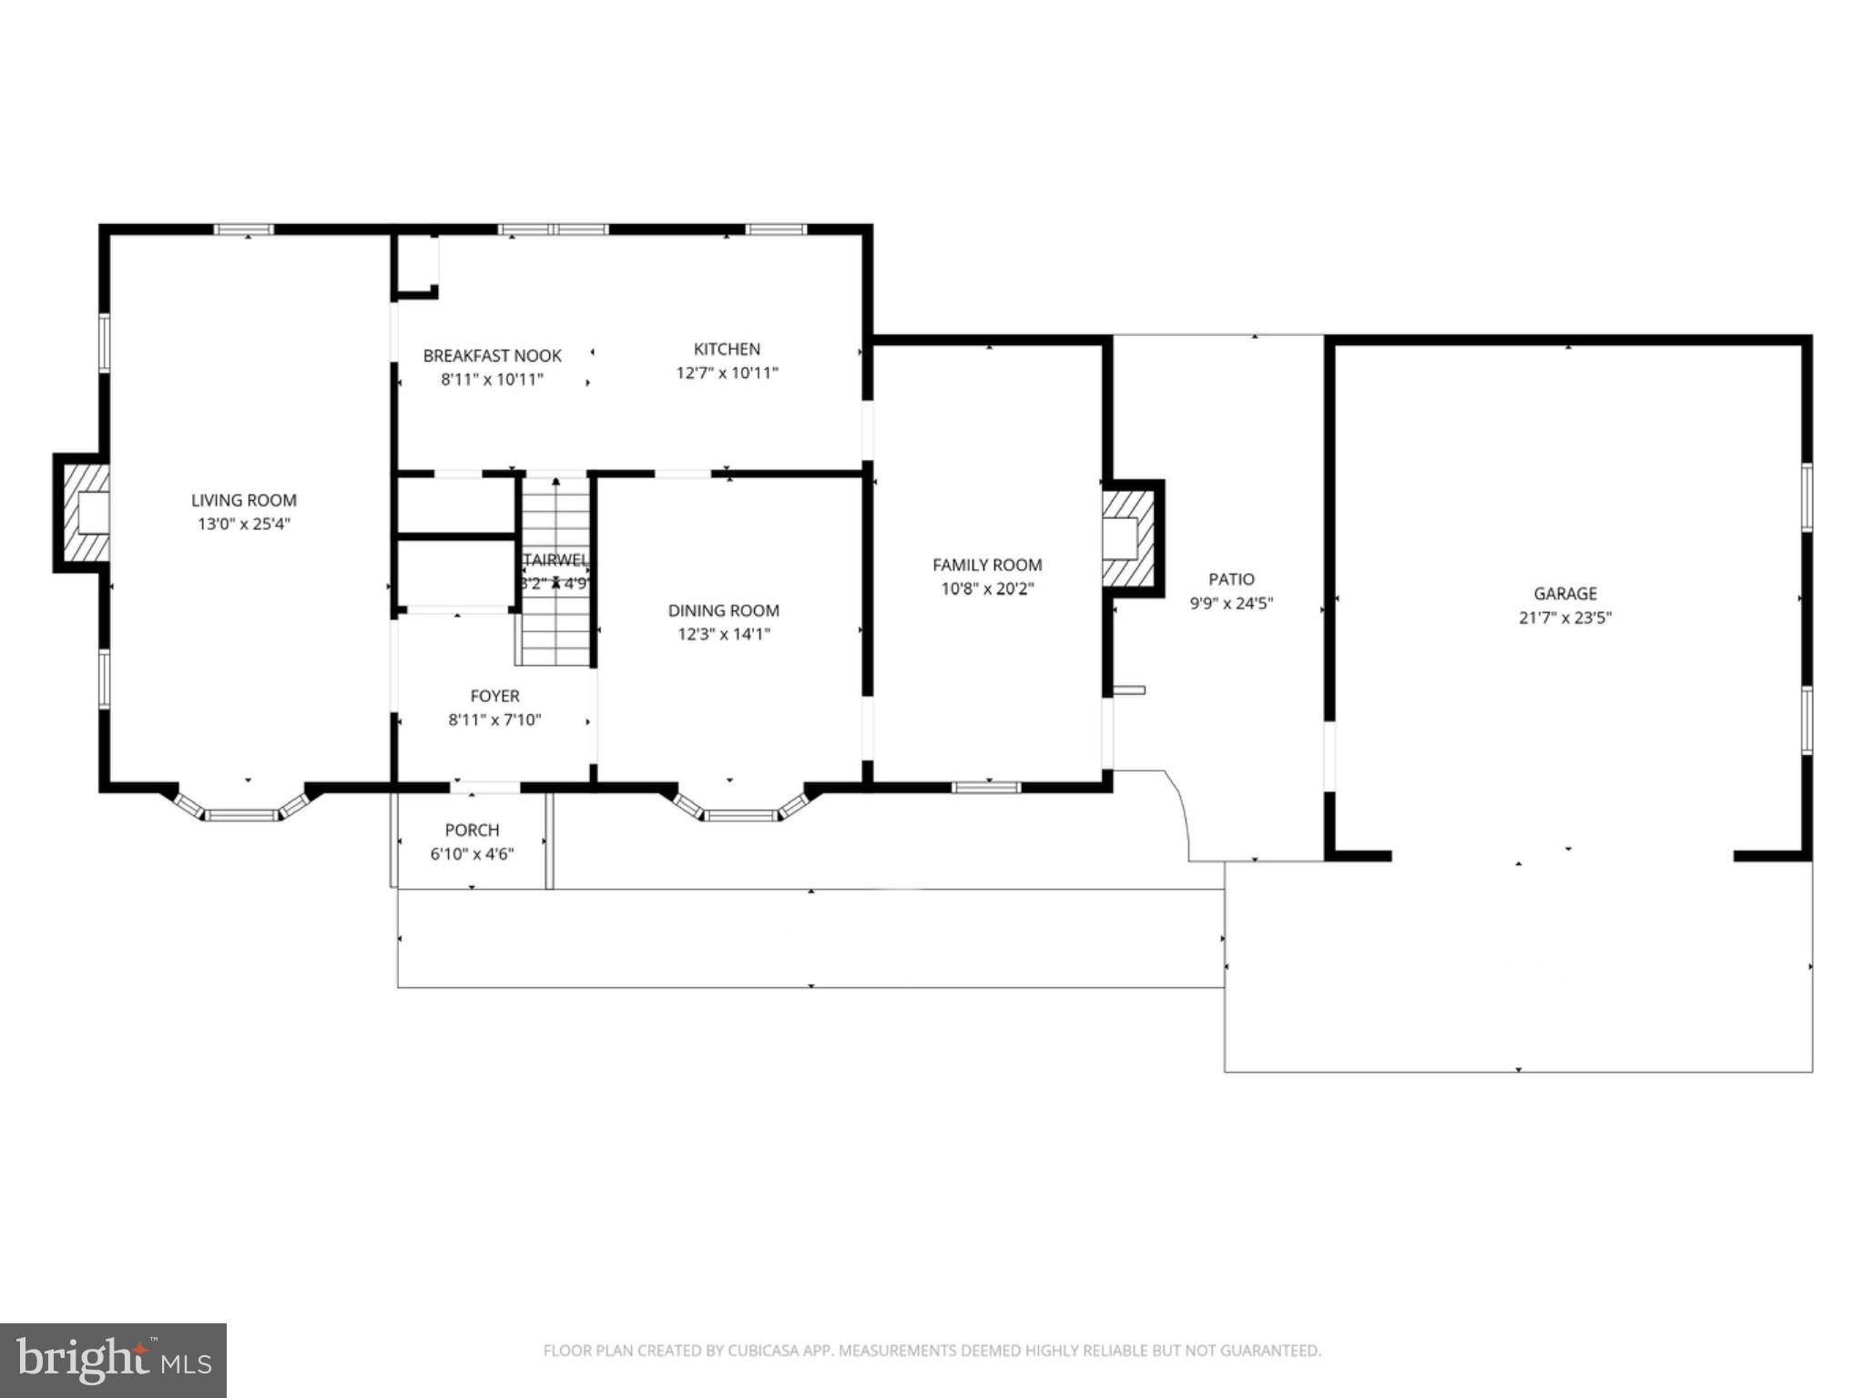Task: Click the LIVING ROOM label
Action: pyautogui.click(x=243, y=500)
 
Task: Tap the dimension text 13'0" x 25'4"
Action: pyautogui.click(x=243, y=524)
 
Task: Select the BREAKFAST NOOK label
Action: pyautogui.click(x=492, y=356)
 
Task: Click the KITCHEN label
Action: pyautogui.click(x=727, y=349)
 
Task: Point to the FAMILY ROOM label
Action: pyautogui.click(x=987, y=565)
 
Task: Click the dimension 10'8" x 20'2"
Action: pyautogui.click(x=987, y=588)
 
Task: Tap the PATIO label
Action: pyautogui.click(x=1231, y=579)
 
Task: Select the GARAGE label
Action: pyautogui.click(x=1564, y=594)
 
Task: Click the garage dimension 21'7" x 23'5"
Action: pyautogui.click(x=1564, y=617)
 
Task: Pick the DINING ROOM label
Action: pyautogui.click(x=723, y=611)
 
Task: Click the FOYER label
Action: pyautogui.click(x=494, y=696)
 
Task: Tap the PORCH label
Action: pyautogui.click(x=472, y=830)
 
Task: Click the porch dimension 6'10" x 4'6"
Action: pyautogui.click(x=472, y=854)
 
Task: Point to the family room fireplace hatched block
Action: pyautogui.click(x=1129, y=538)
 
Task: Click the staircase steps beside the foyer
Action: pyautogui.click(x=555, y=619)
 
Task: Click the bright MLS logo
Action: pyautogui.click(x=113, y=1360)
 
